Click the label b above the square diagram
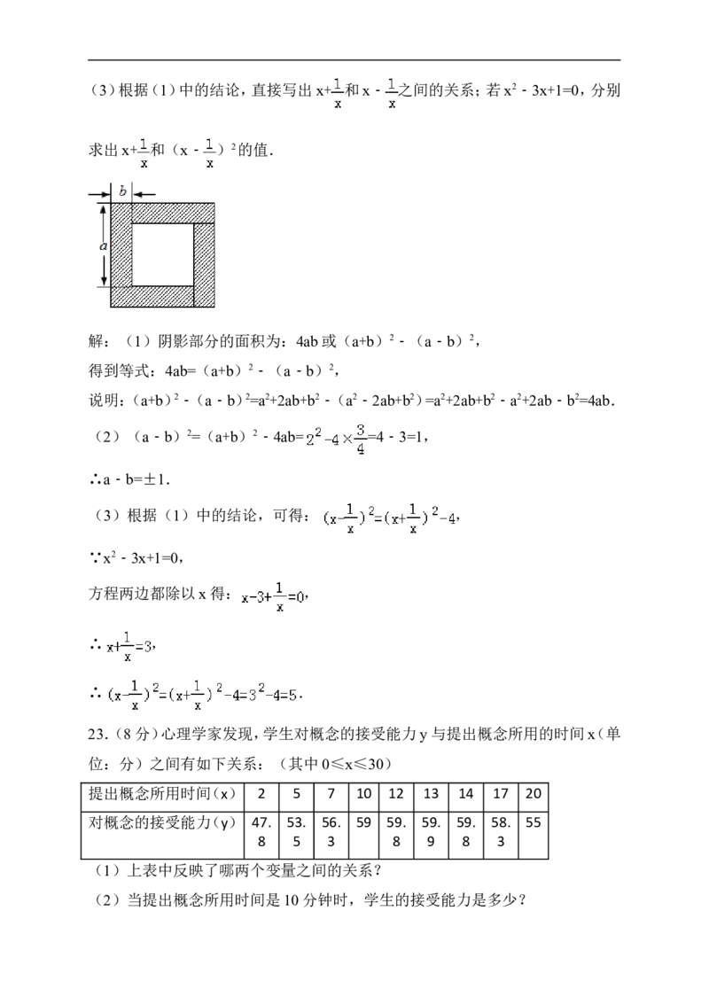click(x=122, y=191)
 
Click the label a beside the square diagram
click(x=104, y=246)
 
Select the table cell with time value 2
click(x=261, y=794)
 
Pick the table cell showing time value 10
click(x=363, y=794)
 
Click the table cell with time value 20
click(x=534, y=794)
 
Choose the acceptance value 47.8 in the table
click(x=261, y=832)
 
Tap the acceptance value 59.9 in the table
click(x=431, y=832)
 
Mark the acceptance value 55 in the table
click(x=534, y=822)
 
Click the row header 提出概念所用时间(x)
click(x=162, y=794)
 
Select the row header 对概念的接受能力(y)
click(x=162, y=822)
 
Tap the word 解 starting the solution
click(x=96, y=341)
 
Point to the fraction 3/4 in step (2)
click(x=361, y=440)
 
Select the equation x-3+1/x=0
click(x=274, y=597)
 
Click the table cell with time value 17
click(x=501, y=794)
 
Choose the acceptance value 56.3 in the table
click(x=331, y=832)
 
